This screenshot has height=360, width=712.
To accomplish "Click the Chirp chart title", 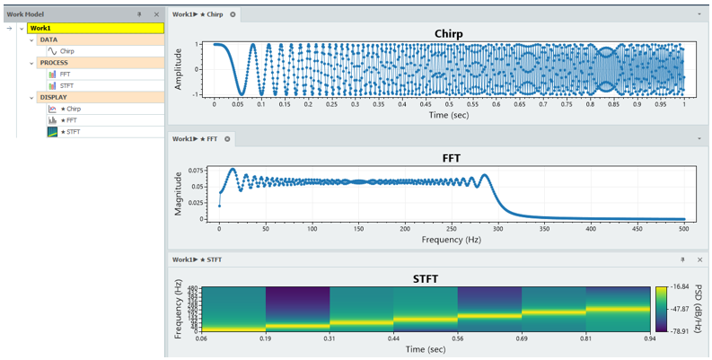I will [448, 33].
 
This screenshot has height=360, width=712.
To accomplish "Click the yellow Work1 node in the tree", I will [95, 28].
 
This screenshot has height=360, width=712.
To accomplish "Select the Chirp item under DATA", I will [67, 51].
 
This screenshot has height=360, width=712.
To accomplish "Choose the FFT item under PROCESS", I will [66, 75].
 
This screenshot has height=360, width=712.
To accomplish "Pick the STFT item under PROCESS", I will [66, 85].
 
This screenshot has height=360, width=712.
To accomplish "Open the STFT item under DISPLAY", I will [68, 131].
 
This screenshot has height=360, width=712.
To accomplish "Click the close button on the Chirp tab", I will [233, 15].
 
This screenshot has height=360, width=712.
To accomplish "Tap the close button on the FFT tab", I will [227, 139].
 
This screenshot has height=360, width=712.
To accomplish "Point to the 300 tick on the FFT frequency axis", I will [498, 229].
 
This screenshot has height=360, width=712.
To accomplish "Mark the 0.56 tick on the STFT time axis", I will [458, 339].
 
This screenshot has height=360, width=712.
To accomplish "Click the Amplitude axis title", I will [179, 67].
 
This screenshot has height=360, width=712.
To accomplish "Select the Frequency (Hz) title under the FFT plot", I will [448, 240].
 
